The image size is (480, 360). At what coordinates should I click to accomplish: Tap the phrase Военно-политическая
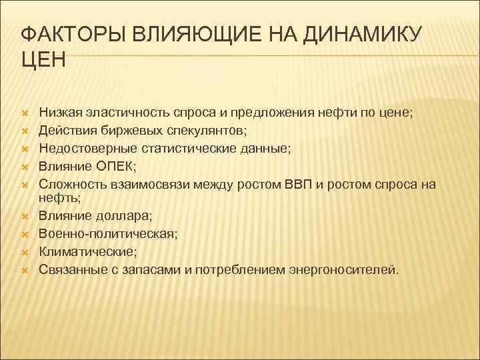[x=105, y=233]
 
